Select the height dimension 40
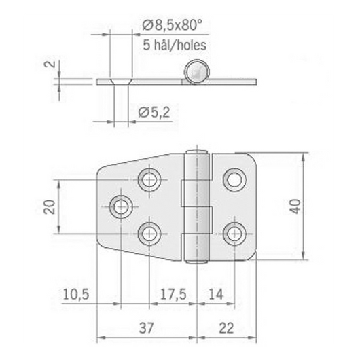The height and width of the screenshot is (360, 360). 293,206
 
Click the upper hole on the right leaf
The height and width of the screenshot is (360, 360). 235,179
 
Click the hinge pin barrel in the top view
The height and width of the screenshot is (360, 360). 200,204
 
